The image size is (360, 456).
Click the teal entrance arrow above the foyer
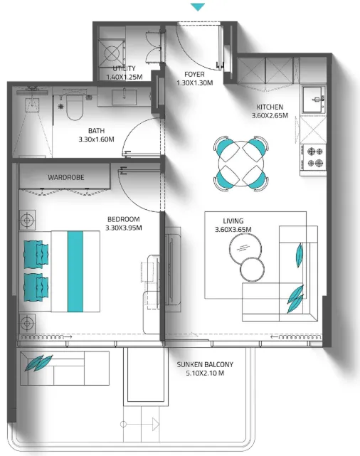pyautogui.click(x=198, y=7)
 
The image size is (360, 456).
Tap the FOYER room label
pyautogui.click(x=194, y=75)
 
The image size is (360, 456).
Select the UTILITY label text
pyautogui.click(x=124, y=68)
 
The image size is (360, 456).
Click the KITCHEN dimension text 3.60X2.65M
pyautogui.click(x=270, y=115)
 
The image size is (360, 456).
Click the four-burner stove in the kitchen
pyautogui.click(x=314, y=157)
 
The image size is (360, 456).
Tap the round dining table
pyautogui.click(x=241, y=164)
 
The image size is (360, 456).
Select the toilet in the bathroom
pyautogui.click(x=75, y=107)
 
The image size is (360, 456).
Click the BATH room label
pyautogui.click(x=96, y=131)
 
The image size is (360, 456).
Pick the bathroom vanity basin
pyautogui.click(x=125, y=97)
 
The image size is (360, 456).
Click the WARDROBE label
pyautogui.click(x=66, y=177)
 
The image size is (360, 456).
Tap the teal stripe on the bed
pyautogui.click(x=75, y=272)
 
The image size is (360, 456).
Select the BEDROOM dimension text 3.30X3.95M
pyautogui.click(x=124, y=228)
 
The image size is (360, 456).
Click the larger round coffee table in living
pyautogui.click(x=245, y=249)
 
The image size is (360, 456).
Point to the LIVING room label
pyautogui.click(x=233, y=221)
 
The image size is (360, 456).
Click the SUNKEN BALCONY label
pyautogui.click(x=206, y=364)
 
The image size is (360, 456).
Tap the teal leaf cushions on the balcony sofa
pyautogui.click(x=38, y=363)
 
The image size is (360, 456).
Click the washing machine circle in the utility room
pyautogui.click(x=112, y=53)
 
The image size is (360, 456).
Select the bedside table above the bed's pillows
pyautogui.click(x=27, y=220)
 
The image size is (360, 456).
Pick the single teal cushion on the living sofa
pyautogui.click(x=300, y=255)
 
